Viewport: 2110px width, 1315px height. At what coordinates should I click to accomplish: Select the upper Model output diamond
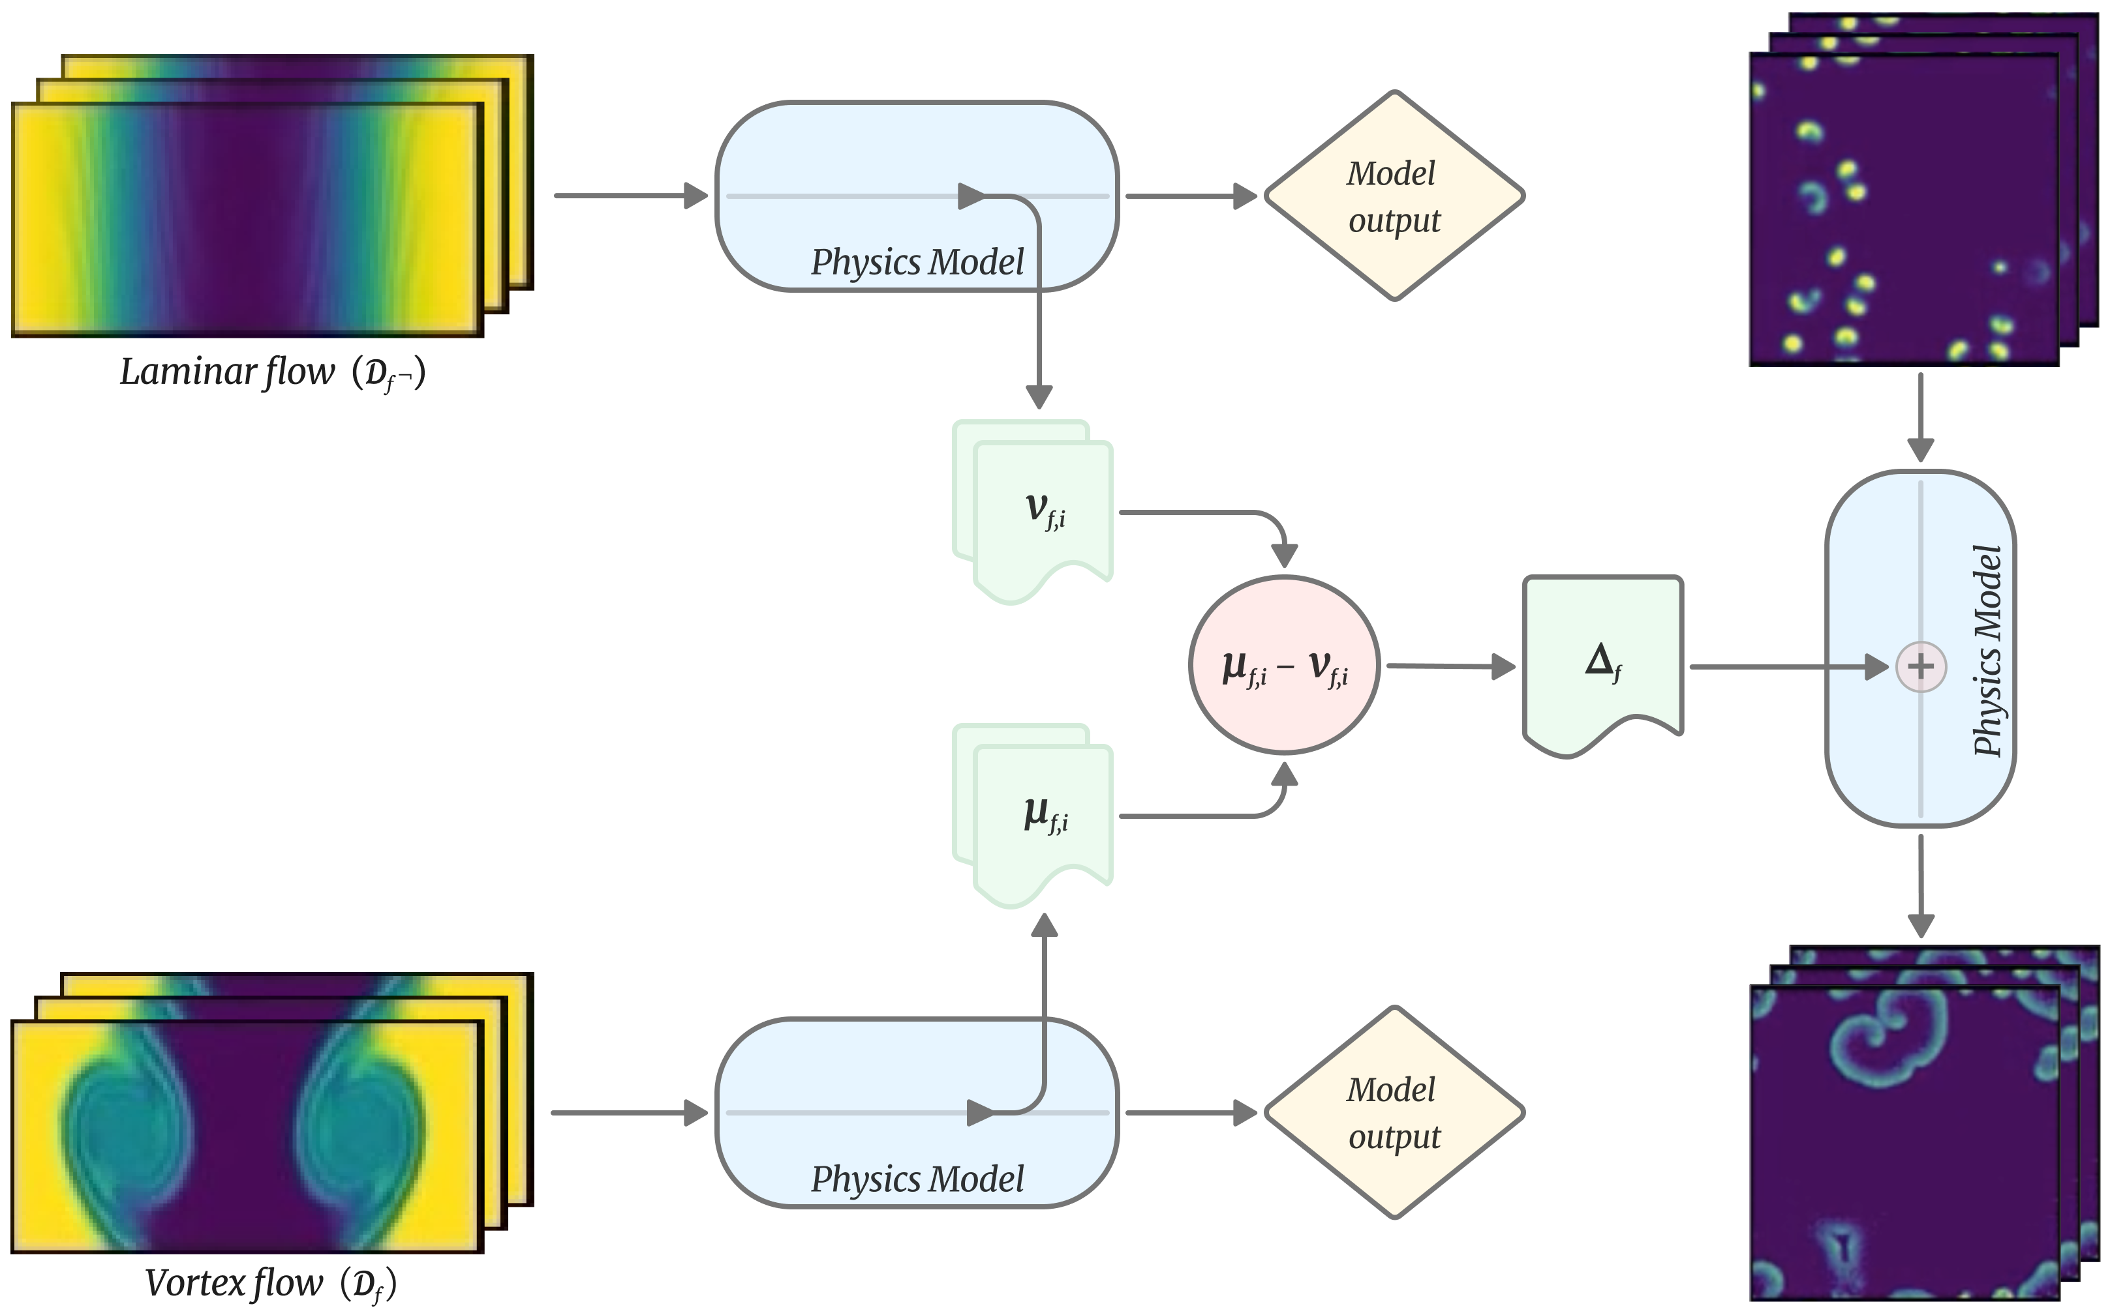tap(1393, 196)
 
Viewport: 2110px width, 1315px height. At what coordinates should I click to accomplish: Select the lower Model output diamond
tap(1393, 1112)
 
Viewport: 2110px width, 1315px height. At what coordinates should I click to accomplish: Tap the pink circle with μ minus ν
tap(1284, 666)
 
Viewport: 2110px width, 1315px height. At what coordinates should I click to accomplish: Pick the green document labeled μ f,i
tap(1043, 818)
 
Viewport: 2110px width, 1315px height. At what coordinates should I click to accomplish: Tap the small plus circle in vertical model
tap(1920, 667)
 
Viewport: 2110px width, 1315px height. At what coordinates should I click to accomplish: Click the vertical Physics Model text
tap(1987, 651)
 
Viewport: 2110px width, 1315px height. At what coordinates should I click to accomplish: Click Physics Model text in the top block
tap(917, 262)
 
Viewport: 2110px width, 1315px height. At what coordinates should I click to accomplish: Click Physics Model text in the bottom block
tap(917, 1179)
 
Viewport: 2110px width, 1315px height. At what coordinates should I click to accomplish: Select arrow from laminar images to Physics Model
tap(631, 196)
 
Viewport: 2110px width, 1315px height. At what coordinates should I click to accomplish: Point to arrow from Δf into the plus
tap(1784, 667)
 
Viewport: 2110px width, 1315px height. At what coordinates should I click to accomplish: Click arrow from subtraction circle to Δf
tap(1448, 666)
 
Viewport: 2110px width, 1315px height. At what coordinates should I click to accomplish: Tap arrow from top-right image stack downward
tap(1920, 417)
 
